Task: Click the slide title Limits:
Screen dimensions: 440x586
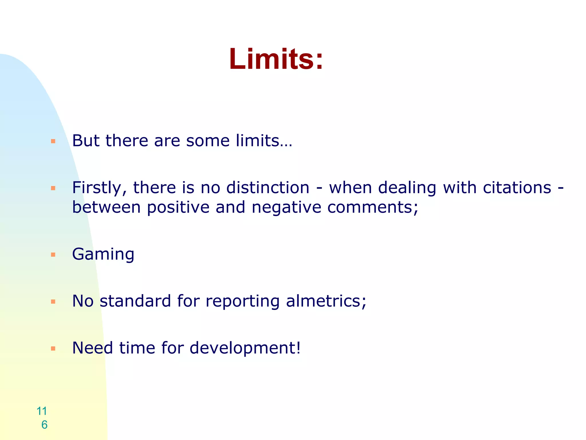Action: point(276,59)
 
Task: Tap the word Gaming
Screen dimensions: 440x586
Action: point(103,254)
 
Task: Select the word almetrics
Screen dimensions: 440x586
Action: point(326,301)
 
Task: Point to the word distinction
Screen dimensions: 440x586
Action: point(268,188)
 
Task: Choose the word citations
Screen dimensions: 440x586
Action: point(517,188)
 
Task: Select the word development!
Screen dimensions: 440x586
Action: point(245,348)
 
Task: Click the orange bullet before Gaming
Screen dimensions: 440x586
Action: point(53,255)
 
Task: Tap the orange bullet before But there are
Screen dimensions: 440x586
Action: point(53,141)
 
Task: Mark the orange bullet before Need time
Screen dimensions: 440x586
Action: point(53,349)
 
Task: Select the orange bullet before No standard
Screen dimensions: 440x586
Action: point(53,302)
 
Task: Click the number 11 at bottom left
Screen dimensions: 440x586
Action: point(42,411)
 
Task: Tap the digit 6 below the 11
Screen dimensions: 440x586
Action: point(44,425)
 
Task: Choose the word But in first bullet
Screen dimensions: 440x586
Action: point(86,141)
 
